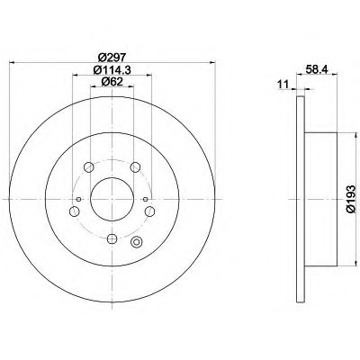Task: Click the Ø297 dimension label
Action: (112, 57)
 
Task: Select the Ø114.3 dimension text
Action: (112, 70)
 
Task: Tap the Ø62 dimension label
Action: (112, 82)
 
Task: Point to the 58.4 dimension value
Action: (317, 69)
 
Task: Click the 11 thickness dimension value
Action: (283, 85)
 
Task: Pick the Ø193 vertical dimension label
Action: (350, 199)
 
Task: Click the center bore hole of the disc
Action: (112, 199)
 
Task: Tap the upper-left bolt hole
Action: (89, 166)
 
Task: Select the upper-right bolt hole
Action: (135, 166)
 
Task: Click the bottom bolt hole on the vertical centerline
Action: (112, 238)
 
